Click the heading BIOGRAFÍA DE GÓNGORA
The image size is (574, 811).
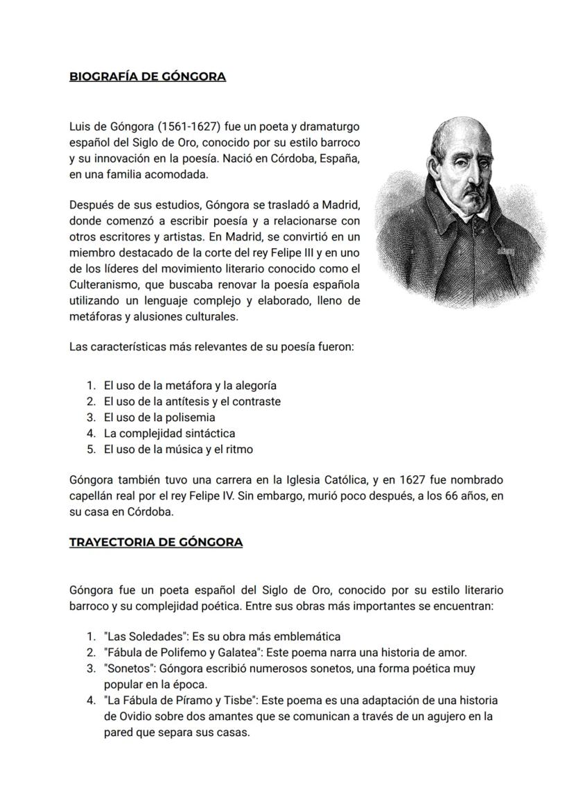148,76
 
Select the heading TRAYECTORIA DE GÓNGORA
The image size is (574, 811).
156,542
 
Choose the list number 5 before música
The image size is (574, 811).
91,450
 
